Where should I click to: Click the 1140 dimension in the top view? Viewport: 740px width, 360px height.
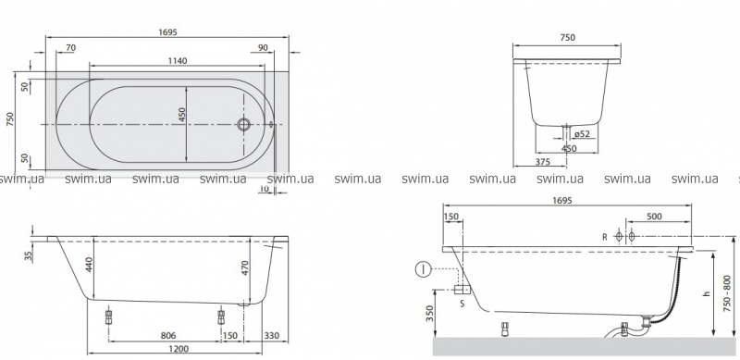178,60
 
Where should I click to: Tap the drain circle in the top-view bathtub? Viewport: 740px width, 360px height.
243,124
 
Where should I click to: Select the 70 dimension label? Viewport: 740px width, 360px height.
71,47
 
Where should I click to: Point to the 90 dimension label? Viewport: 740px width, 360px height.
264,47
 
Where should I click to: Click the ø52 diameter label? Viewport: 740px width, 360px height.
583,134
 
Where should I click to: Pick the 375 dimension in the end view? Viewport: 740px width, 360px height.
543,162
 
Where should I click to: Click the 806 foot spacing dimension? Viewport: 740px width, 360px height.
168,335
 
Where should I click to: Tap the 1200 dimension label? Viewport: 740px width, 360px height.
179,349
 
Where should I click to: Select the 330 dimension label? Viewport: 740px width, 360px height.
272,336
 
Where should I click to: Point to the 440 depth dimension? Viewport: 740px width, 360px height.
90,265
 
